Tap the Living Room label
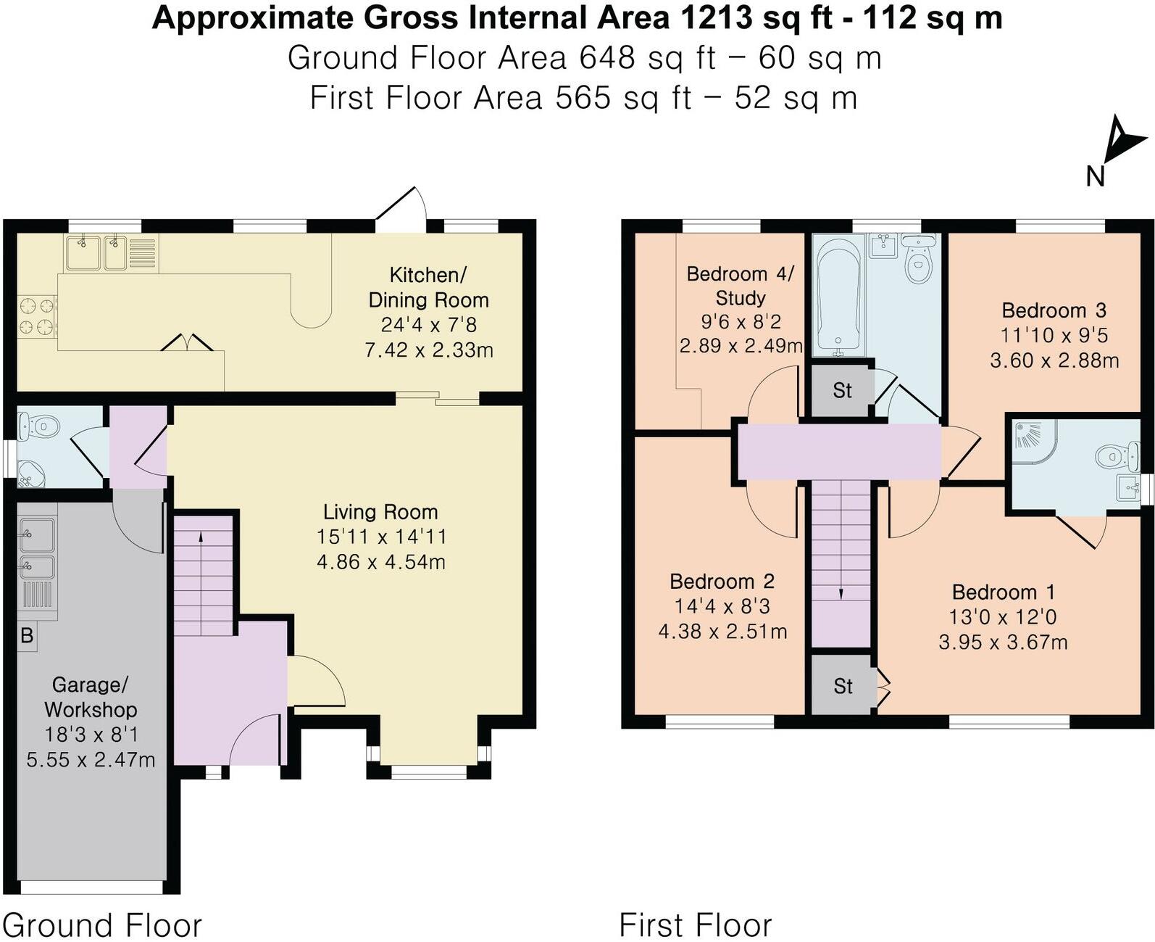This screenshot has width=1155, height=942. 380,512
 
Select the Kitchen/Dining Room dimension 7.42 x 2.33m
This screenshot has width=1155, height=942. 429,350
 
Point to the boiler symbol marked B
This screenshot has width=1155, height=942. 27,635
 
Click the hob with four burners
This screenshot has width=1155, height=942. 38,317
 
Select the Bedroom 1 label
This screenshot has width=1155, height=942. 1003,592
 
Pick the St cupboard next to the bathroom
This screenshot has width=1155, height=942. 842,390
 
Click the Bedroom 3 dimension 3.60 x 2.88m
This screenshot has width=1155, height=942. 1055,361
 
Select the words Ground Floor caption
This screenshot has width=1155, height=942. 102,925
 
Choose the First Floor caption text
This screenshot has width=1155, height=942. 696,925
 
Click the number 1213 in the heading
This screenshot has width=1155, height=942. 714,18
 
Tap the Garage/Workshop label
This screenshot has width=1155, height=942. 91,698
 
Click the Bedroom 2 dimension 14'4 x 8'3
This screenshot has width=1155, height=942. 722,606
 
